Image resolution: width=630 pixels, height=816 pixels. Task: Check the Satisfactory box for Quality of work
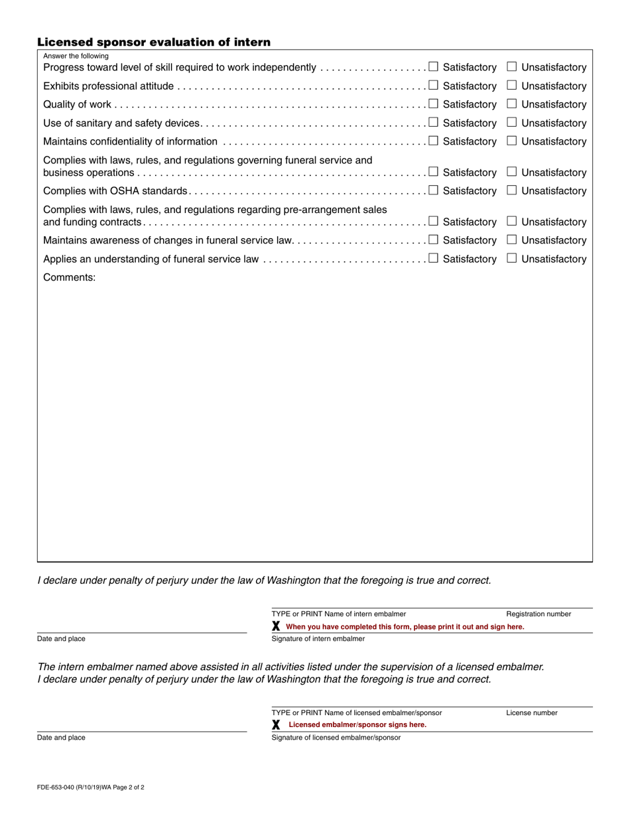(x=433, y=103)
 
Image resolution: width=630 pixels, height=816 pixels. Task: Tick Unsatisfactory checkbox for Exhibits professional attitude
(x=511, y=85)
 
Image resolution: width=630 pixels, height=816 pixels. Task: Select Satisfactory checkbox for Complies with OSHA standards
(x=433, y=190)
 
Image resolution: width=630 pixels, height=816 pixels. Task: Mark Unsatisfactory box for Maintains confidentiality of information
(x=511, y=141)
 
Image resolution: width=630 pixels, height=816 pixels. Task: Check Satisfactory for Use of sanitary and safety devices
(x=433, y=122)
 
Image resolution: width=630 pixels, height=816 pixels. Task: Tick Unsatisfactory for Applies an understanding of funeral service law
(x=511, y=258)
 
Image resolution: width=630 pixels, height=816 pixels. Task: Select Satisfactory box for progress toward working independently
(x=433, y=66)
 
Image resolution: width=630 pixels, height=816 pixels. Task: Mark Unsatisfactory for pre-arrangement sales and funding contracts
(x=511, y=221)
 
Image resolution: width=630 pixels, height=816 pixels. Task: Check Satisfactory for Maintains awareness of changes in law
(x=433, y=239)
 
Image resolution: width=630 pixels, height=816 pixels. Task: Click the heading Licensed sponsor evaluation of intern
(x=154, y=42)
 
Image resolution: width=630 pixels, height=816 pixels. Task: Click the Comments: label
(x=70, y=277)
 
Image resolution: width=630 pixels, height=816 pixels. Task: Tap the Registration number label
(x=538, y=614)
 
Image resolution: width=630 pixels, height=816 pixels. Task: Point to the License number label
(x=532, y=713)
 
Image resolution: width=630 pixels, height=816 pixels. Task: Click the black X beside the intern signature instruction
(x=276, y=626)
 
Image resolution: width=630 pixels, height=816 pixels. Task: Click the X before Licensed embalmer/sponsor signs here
(x=276, y=724)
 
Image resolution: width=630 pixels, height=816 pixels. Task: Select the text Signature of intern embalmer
(x=318, y=639)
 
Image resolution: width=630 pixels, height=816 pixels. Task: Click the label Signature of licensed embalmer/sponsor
(x=336, y=738)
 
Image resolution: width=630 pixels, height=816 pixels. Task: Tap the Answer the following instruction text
(x=76, y=56)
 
